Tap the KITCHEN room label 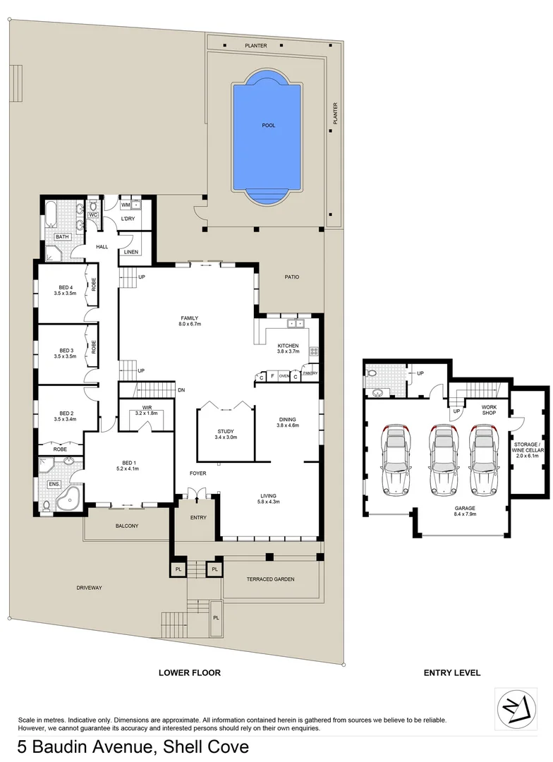[x=288, y=345]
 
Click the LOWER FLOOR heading [x=189, y=673]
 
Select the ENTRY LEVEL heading [x=451, y=673]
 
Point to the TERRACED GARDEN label [x=270, y=579]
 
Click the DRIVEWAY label [x=90, y=587]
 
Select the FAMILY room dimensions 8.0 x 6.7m [x=190, y=325]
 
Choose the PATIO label [x=291, y=277]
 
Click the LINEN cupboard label [x=130, y=252]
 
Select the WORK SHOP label [x=490, y=410]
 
